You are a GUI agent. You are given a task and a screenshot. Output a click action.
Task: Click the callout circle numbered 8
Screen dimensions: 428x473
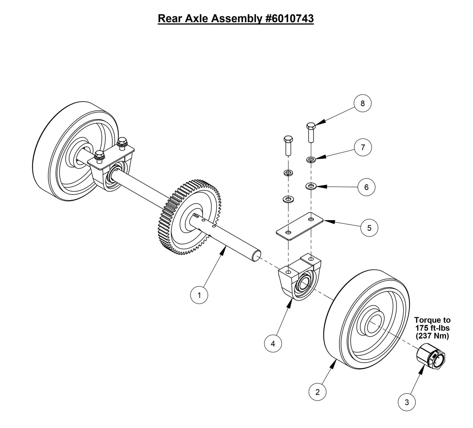pos(362,103)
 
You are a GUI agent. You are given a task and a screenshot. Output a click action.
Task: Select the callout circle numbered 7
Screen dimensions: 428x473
pos(363,147)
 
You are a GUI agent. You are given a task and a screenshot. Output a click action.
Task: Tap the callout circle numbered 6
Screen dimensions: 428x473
pos(366,187)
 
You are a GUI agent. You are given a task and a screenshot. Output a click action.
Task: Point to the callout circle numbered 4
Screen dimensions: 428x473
pos(273,344)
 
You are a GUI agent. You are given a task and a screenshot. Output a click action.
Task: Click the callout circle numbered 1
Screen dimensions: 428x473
pos(199,295)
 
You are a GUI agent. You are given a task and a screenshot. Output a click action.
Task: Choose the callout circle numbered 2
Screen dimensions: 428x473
pos(318,392)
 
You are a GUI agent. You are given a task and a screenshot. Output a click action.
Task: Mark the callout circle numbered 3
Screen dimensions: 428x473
pos(407,402)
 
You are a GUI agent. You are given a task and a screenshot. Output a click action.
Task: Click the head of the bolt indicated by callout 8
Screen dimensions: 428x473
pos(311,126)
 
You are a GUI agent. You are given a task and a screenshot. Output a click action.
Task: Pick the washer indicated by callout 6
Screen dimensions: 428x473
pos(311,186)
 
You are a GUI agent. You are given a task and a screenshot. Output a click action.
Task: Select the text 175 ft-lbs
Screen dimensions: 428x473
pos(432,328)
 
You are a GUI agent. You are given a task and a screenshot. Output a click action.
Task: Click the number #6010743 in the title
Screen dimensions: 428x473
pos(288,19)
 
